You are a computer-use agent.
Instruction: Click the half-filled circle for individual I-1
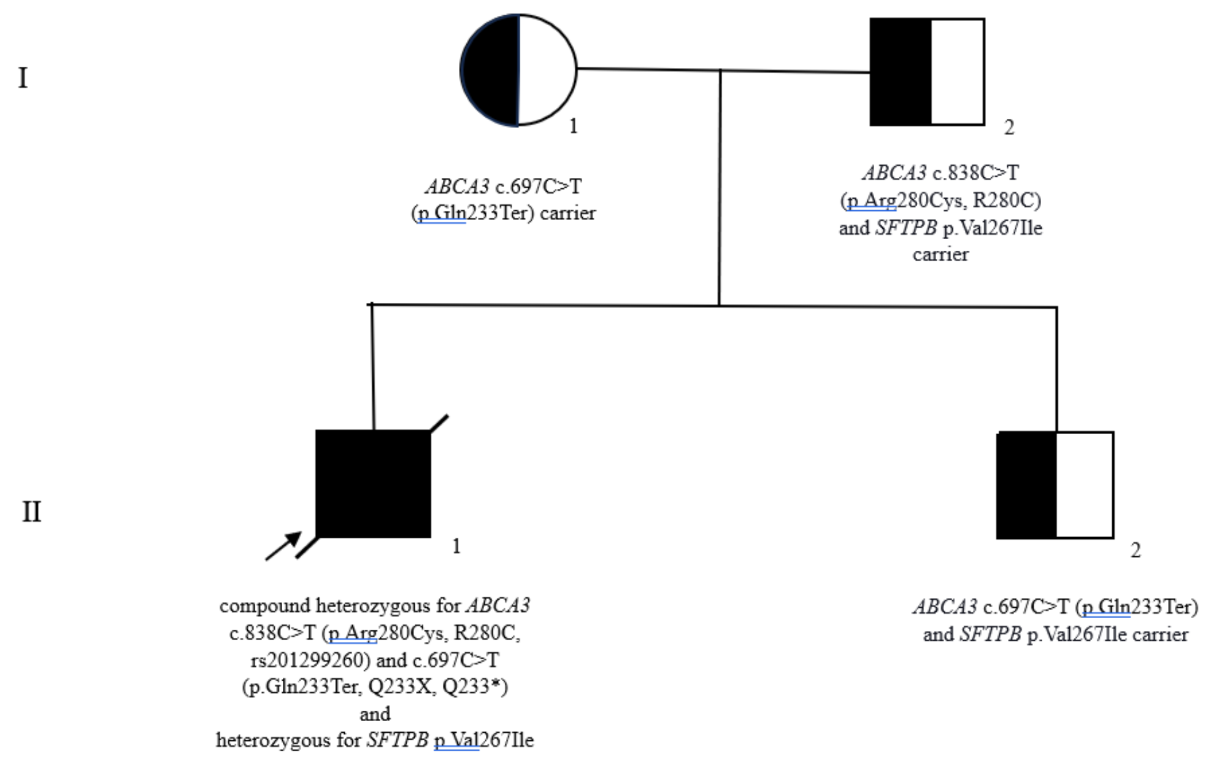click(518, 70)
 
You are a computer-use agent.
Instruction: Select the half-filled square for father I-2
click(927, 72)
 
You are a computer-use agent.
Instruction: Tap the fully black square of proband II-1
click(373, 484)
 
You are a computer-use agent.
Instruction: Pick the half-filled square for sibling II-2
click(1055, 485)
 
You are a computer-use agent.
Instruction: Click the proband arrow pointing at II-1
click(283, 546)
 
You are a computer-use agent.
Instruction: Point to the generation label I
click(23, 78)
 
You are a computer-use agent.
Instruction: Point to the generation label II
click(31, 511)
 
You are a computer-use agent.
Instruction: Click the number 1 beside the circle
click(573, 126)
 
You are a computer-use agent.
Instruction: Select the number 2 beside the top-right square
click(1009, 128)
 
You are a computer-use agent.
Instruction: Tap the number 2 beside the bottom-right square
click(1136, 551)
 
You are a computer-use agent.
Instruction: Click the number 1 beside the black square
click(456, 546)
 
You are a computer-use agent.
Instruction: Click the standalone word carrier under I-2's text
click(940, 254)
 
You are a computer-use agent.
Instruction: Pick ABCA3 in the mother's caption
click(457, 186)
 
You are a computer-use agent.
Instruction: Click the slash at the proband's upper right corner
click(439, 423)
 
